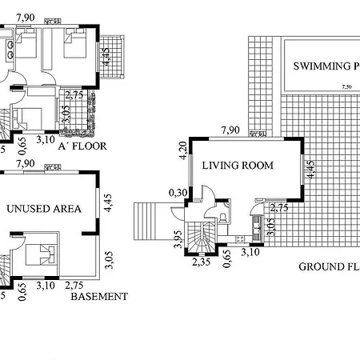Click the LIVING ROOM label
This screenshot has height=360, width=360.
tap(238, 166)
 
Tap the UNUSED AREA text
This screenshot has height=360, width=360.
tap(44, 209)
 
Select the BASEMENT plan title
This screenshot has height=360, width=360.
tap(99, 297)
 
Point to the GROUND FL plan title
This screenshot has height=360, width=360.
tap(328, 266)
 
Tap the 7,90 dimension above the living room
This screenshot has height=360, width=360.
tap(231, 131)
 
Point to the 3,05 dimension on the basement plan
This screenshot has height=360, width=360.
tap(108, 261)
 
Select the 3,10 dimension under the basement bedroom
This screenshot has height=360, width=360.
tap(46, 285)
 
